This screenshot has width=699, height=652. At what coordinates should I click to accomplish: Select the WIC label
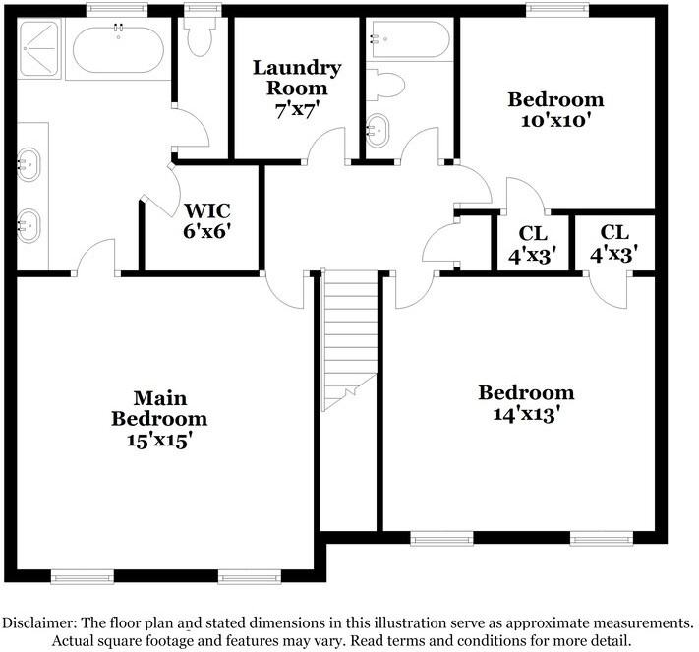point(207,210)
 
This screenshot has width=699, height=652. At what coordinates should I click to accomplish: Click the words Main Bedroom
point(158,408)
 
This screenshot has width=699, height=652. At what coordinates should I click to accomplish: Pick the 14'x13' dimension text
point(526,414)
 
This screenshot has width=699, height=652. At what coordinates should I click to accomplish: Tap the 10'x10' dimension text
point(555,121)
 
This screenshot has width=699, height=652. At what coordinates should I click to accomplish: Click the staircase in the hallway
point(350,334)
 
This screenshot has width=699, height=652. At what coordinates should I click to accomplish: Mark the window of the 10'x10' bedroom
point(557,10)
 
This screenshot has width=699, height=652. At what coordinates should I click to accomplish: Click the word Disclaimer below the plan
point(43,622)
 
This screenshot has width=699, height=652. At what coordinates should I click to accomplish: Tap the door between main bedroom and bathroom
point(96,260)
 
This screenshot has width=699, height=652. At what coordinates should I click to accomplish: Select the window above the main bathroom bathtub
point(117,10)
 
